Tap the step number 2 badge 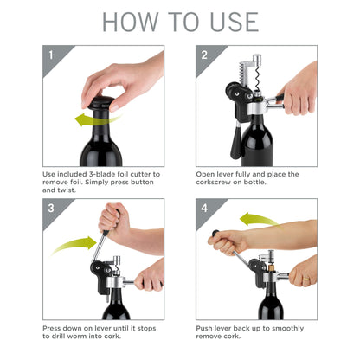pyautogui.click(x=203, y=55)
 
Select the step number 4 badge pyautogui.click(x=203, y=208)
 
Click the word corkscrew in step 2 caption pyautogui.click(x=223, y=183)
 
